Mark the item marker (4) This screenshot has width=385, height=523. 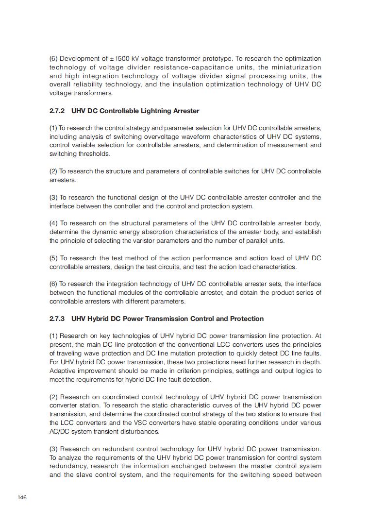click(x=53, y=223)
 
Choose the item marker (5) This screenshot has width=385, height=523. click(x=53, y=258)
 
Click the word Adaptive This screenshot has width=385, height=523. click(x=63, y=371)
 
